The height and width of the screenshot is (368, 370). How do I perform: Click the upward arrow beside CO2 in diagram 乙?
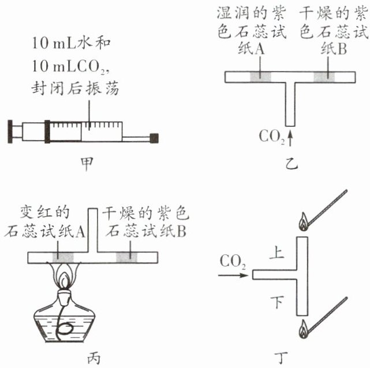290,137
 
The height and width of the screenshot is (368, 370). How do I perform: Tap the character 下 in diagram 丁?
278,301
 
